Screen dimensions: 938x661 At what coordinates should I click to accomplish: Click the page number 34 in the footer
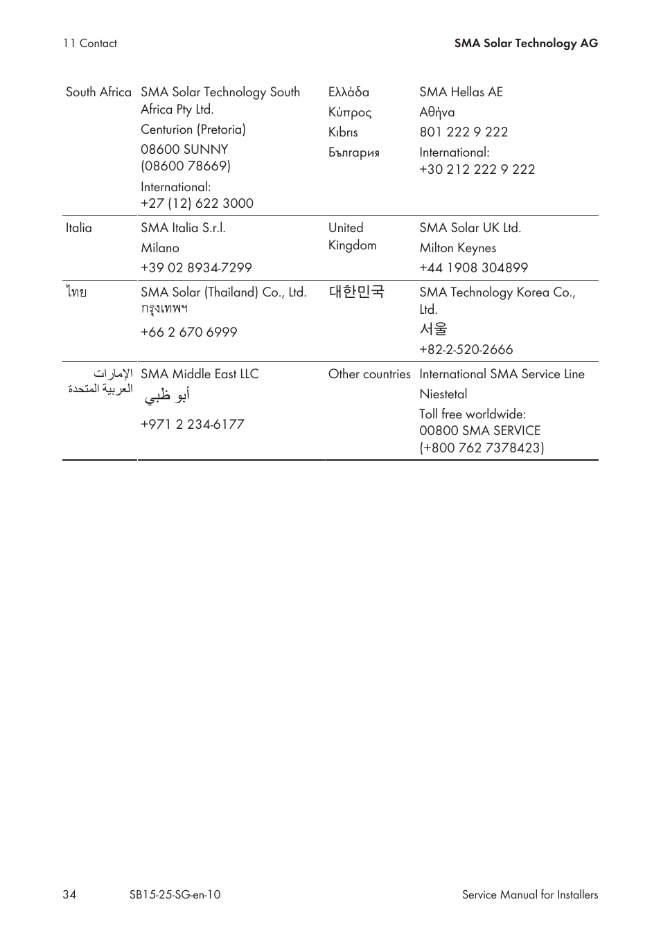pyautogui.click(x=69, y=894)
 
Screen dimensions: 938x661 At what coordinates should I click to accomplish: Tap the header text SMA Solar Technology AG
pyautogui.click(x=526, y=43)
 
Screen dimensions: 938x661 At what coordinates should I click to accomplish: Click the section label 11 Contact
pyautogui.click(x=90, y=43)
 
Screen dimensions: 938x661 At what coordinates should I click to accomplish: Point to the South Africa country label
pyautogui.click(x=98, y=92)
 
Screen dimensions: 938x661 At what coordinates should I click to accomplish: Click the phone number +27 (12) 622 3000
pyautogui.click(x=197, y=203)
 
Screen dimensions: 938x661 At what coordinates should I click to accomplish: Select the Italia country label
pyautogui.click(x=79, y=228)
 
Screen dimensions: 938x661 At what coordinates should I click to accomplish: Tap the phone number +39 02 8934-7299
pyautogui.click(x=196, y=267)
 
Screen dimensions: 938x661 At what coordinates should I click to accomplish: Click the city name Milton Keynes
pyautogui.click(x=457, y=248)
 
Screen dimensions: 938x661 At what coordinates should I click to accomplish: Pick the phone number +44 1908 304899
pyautogui.click(x=473, y=267)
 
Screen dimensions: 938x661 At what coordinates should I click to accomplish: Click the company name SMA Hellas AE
pyautogui.click(x=461, y=92)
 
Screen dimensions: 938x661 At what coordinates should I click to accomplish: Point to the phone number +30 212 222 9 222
pyautogui.click(x=477, y=169)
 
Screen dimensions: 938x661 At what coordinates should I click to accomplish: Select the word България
pyautogui.click(x=354, y=152)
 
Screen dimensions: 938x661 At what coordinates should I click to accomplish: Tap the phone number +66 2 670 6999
pyautogui.click(x=188, y=332)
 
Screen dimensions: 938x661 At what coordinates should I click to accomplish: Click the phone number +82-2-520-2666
pyautogui.click(x=466, y=349)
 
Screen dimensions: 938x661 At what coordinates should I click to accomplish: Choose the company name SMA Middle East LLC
pyautogui.click(x=200, y=374)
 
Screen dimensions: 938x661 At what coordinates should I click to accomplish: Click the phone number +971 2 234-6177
pyautogui.click(x=193, y=424)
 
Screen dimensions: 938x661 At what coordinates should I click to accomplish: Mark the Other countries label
pyautogui.click(x=369, y=374)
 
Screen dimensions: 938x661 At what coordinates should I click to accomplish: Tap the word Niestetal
pyautogui.click(x=443, y=394)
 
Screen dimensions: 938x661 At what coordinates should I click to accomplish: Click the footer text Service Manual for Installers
pyautogui.click(x=530, y=894)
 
